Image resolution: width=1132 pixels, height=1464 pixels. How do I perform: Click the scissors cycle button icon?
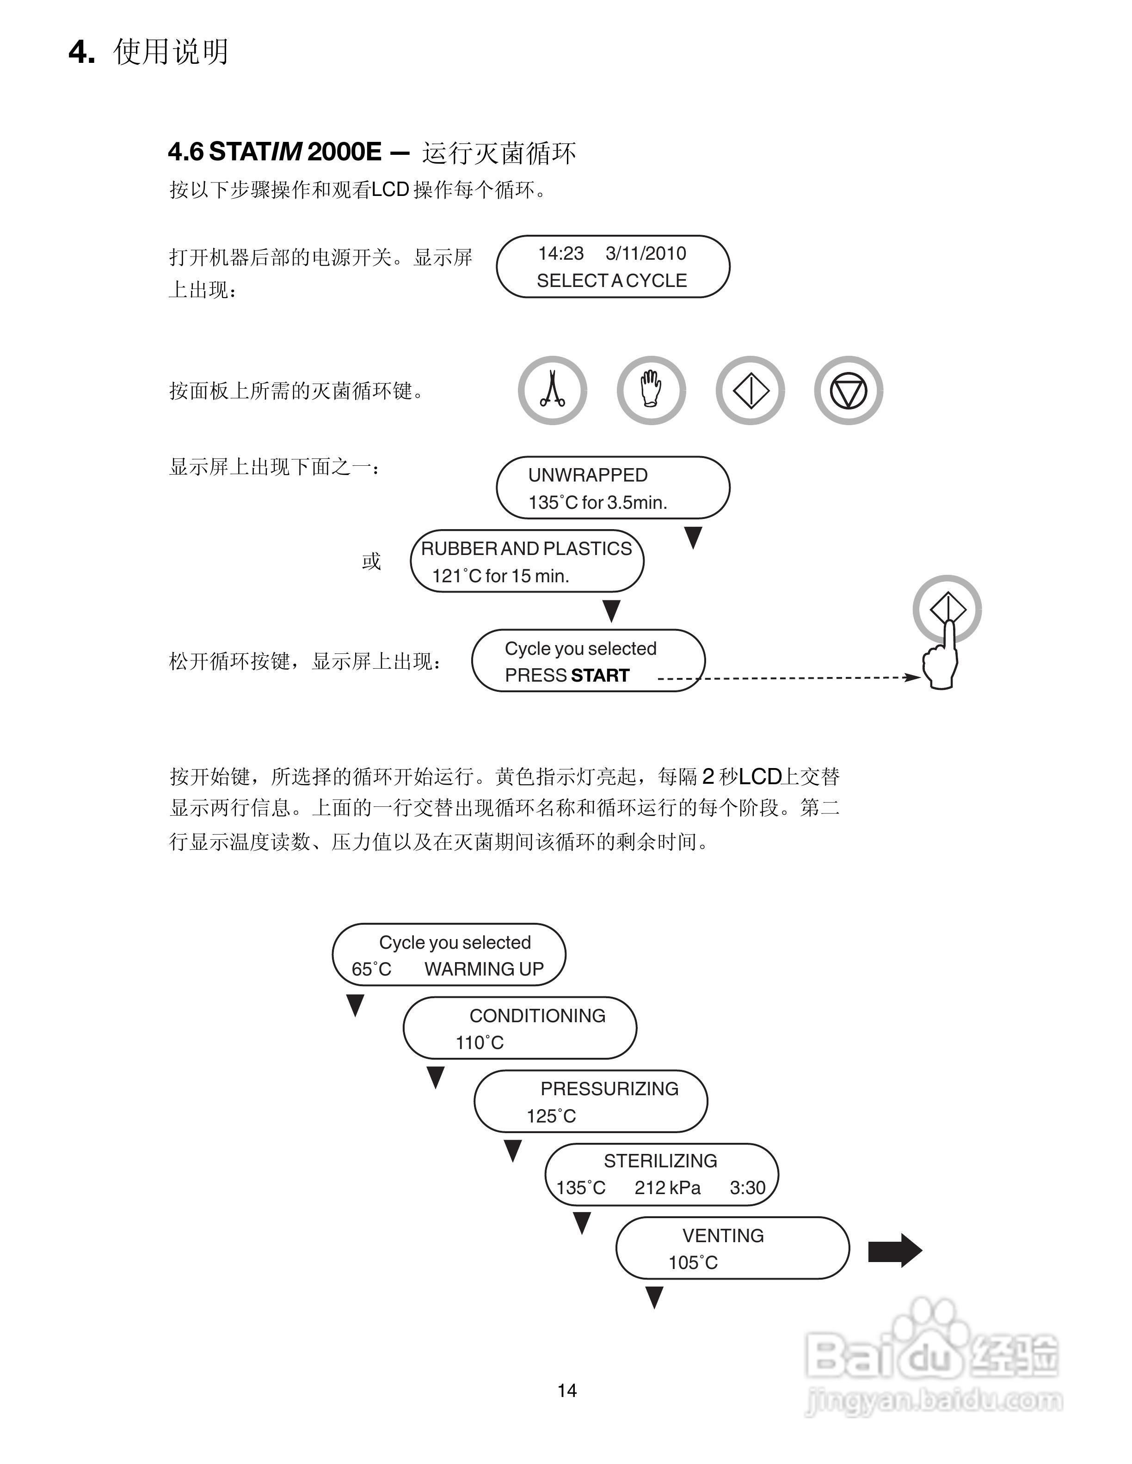point(552,390)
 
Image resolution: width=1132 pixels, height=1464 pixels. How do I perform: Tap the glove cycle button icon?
point(651,390)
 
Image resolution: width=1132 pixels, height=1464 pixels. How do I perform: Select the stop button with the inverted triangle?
point(849,390)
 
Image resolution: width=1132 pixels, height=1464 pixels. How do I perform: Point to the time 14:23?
point(560,253)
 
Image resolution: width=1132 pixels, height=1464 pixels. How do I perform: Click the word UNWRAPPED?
point(587,475)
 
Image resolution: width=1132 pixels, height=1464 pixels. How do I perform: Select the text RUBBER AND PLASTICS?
point(526,549)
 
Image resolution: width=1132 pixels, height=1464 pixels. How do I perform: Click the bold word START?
point(600,676)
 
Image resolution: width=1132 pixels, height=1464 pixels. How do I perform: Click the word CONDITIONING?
point(537,1016)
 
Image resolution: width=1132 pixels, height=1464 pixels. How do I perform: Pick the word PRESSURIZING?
point(609,1089)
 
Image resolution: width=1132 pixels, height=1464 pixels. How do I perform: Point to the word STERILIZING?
point(660,1161)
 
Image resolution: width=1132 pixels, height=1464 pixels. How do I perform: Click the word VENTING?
point(723,1235)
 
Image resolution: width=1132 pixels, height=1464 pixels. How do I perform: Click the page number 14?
point(566,1391)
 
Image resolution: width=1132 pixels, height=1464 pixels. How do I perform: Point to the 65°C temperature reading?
point(371,969)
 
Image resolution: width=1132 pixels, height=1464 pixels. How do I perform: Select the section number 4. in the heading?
point(82,52)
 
